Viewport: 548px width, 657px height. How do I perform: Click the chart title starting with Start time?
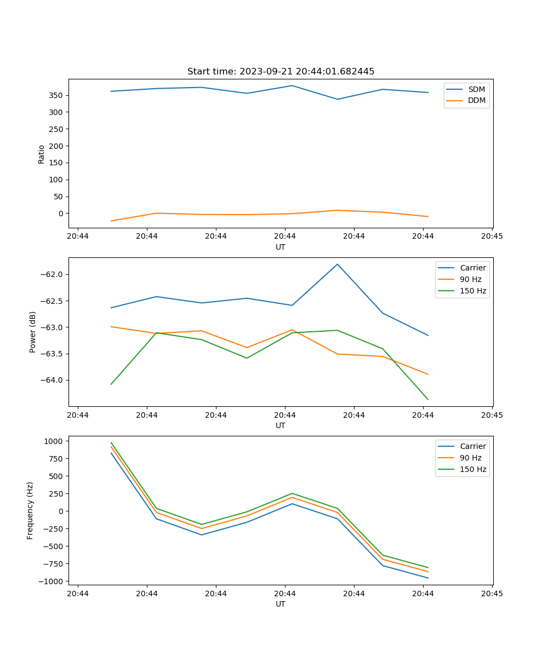[281, 72]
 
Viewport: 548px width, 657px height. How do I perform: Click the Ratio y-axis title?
[42, 154]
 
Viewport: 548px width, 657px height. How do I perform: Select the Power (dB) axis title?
[33, 332]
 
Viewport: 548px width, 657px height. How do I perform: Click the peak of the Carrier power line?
[338, 264]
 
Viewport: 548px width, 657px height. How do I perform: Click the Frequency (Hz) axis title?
[31, 510]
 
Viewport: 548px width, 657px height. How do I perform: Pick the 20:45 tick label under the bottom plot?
[492, 593]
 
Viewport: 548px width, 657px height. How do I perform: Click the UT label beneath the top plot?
[281, 247]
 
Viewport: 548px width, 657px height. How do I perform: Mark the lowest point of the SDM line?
[338, 99]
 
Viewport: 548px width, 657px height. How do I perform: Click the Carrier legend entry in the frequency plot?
[473, 446]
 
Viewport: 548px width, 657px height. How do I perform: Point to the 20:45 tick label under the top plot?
[492, 236]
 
